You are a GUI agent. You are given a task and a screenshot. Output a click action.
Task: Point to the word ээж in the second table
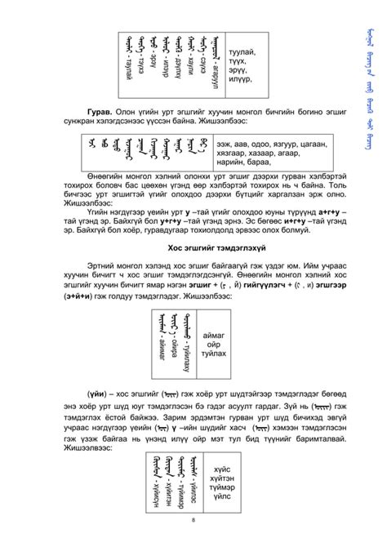click(x=225, y=143)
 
